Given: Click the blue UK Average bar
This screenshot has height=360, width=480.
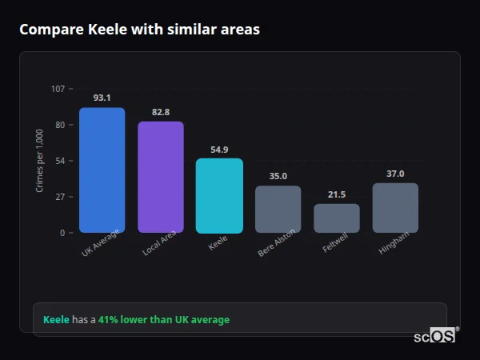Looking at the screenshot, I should tap(102, 170).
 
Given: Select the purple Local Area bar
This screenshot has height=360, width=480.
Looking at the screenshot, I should tap(161, 177).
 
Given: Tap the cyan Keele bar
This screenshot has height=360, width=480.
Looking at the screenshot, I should tap(219, 195).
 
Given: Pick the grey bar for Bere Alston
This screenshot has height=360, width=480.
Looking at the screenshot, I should tap(278, 209).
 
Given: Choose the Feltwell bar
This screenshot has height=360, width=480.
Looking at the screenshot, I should tap(337, 218).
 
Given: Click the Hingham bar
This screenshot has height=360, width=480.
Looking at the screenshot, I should tap(395, 208).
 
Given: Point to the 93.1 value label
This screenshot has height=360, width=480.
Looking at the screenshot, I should tap(102, 98).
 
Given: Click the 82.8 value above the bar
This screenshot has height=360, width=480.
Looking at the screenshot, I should tap(161, 112).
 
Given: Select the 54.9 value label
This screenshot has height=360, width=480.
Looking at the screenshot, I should tap(219, 149).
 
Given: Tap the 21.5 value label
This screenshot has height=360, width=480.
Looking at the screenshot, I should tap(337, 194).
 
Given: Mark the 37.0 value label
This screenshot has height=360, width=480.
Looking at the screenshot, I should tap(395, 174).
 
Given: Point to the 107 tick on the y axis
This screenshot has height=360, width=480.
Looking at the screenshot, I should tap(58, 89).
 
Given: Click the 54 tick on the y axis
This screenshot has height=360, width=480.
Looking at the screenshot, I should tap(60, 161).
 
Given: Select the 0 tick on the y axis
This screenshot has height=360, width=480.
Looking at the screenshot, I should tap(62, 233).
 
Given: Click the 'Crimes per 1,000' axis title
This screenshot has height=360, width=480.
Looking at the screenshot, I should tap(40, 160).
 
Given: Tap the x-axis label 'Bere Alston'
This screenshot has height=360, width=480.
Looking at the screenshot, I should tap(277, 243).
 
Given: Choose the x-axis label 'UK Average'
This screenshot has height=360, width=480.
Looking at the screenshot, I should tap(100, 243).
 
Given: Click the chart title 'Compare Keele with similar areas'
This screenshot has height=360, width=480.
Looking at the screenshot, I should tap(139, 30).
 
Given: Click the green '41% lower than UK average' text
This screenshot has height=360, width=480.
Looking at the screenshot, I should tap(163, 320).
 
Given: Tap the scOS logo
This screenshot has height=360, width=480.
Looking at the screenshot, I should tap(435, 336).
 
